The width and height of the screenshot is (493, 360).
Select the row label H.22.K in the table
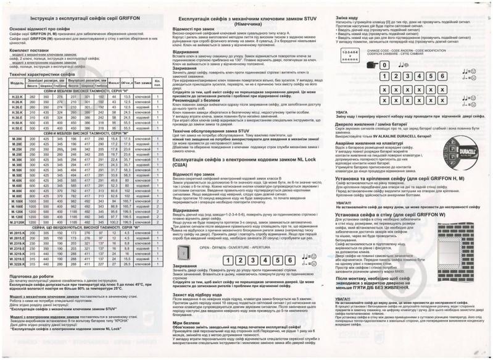pyautogui.click(x=17, y=98)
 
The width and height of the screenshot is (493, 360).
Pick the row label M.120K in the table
pyautogui.click(x=17, y=211)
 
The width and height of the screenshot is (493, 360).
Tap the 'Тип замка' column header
pyautogui.click(x=143, y=82)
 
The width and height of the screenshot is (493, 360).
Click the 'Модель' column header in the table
pyautogui.click(x=17, y=83)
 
